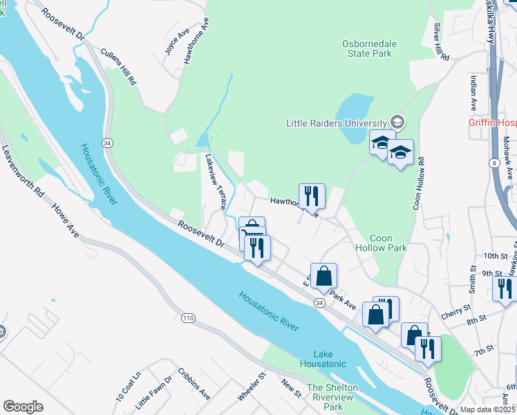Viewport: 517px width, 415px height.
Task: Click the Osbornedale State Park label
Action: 370,49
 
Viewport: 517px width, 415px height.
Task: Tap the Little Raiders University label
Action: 336,123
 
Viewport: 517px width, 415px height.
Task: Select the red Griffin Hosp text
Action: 491,123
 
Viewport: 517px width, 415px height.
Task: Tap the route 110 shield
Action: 188,318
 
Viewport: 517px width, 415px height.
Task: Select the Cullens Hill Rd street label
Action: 118,66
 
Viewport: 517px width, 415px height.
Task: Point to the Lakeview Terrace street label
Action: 214,181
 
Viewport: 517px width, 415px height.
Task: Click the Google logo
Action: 23,407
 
